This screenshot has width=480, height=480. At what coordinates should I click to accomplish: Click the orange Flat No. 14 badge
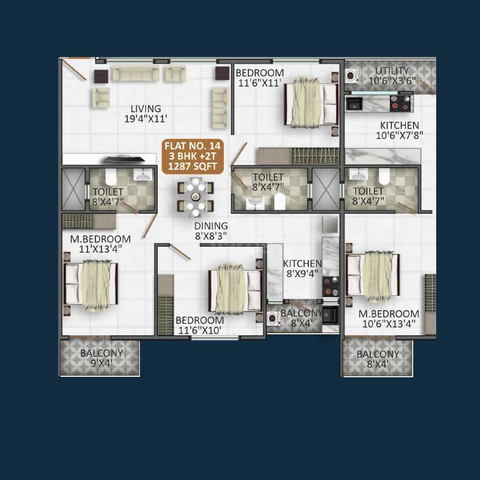coord(189,155)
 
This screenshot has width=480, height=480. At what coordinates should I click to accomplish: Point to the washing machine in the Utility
coord(352,75)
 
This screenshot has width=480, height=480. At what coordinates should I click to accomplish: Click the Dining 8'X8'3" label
coord(211,231)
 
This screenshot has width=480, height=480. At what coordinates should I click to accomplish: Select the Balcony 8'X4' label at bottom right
coord(377,359)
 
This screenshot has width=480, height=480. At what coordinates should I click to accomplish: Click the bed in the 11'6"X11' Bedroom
coord(311,103)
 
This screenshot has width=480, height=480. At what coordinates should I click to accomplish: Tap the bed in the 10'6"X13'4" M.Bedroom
coord(373,274)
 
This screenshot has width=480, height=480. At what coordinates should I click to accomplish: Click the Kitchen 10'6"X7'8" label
coord(399,130)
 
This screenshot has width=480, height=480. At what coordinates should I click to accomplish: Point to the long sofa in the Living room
coord(136,74)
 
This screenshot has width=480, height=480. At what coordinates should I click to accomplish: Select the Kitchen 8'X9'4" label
coord(302,269)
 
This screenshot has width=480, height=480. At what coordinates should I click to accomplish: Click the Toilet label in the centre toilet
coord(268,182)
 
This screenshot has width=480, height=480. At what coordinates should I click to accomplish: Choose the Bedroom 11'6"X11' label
coord(259,79)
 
